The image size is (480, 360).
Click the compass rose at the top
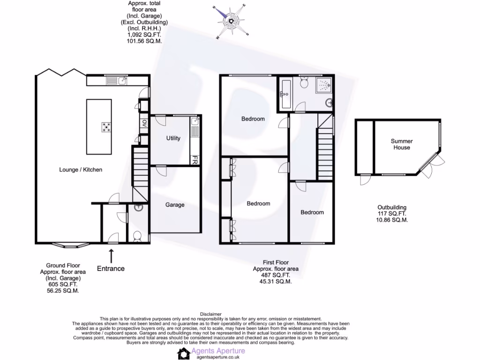click(231, 21)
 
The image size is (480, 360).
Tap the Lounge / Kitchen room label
click(81, 170)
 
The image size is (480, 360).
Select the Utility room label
click(173, 138)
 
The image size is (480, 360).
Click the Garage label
click(175, 205)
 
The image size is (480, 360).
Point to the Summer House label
click(402, 144)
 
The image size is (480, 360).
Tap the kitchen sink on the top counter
click(122, 81)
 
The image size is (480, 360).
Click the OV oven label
click(144, 124)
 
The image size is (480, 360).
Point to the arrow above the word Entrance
click(111, 256)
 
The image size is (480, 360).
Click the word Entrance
click(111, 269)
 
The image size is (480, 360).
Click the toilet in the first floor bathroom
click(304, 83)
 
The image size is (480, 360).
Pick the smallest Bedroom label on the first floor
click(312, 212)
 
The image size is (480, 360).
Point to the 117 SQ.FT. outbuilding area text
click(392, 213)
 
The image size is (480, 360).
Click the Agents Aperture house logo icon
click(184, 353)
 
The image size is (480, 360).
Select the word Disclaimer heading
click(210, 314)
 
